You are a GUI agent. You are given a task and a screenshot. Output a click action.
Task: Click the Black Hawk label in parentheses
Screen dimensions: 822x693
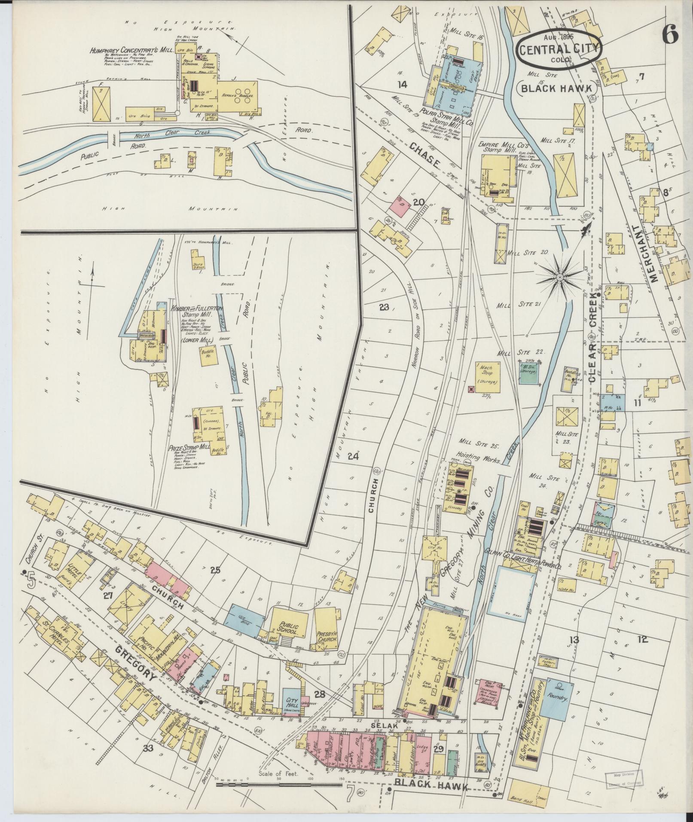(x=558, y=89)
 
